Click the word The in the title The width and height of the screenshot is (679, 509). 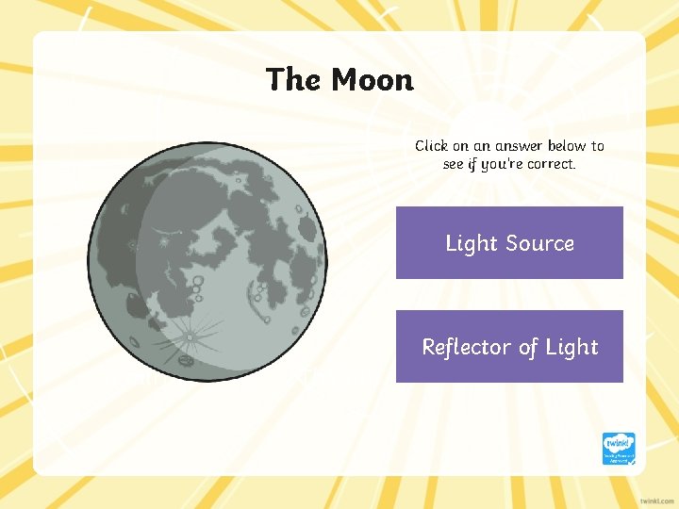[x=293, y=80]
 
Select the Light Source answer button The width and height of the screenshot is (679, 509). [x=509, y=243]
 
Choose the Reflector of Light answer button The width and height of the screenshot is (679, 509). [x=509, y=347]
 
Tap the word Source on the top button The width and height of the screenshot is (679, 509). [x=538, y=243]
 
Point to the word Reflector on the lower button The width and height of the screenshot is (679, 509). [x=466, y=347]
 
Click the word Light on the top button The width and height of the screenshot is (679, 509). [x=471, y=243]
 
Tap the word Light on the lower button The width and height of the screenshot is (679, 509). [x=572, y=347]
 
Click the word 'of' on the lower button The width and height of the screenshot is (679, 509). [x=527, y=347]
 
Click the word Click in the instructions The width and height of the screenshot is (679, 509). [x=432, y=146]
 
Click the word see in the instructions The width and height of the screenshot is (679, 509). [x=454, y=164]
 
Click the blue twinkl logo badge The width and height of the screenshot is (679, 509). [x=619, y=449]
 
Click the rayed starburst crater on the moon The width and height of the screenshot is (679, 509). [x=190, y=336]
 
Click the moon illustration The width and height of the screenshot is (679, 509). [x=207, y=263]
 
